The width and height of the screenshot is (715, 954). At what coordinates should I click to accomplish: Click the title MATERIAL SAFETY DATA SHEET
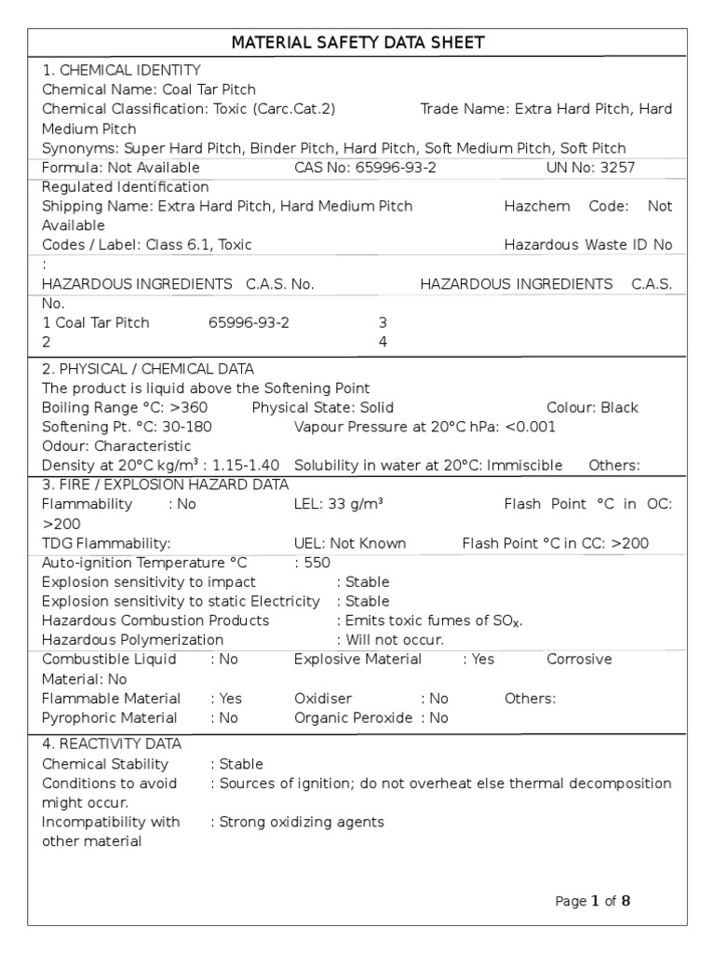click(357, 43)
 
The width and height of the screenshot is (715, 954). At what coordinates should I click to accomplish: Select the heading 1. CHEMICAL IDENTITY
click(121, 70)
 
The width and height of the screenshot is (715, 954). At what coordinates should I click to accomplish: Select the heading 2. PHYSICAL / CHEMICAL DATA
click(148, 369)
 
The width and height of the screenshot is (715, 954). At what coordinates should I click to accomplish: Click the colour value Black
click(619, 408)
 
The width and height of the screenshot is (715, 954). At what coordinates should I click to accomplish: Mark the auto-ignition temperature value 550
click(317, 563)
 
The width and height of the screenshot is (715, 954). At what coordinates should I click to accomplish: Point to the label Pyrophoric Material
click(110, 717)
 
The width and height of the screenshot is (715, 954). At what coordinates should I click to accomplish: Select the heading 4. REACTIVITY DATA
click(112, 744)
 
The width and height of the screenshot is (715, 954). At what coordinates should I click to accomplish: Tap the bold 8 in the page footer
click(626, 901)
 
